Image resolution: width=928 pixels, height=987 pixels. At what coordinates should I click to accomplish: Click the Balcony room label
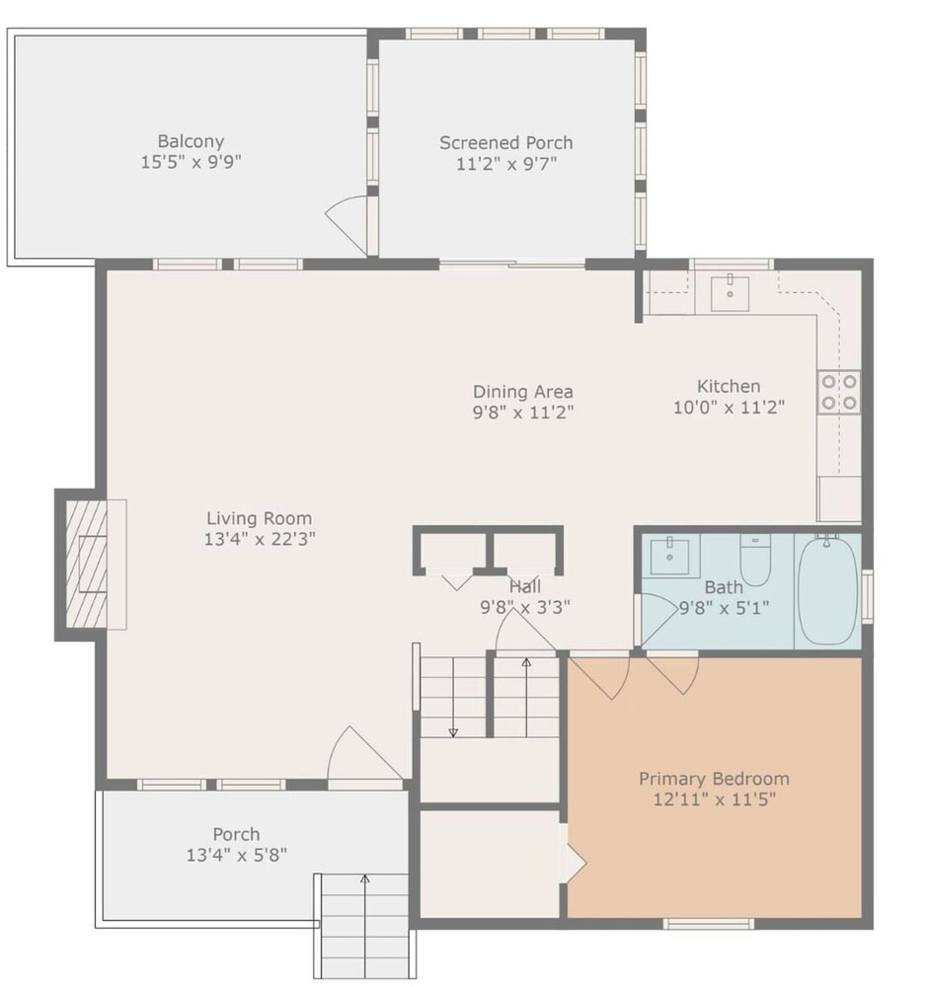coord(191,141)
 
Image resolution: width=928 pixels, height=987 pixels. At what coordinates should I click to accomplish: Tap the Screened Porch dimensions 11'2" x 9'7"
coord(506,164)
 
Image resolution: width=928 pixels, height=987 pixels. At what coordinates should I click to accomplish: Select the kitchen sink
coord(730,293)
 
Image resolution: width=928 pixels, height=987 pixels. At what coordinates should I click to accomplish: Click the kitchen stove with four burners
coord(839,392)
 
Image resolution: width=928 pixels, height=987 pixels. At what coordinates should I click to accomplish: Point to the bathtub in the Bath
coord(827,589)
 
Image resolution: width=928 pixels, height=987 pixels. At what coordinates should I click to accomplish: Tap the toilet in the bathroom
coord(755,560)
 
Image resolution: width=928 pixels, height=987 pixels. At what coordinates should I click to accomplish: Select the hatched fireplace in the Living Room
coord(86,565)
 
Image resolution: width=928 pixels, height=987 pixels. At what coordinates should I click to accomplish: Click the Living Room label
coord(260,518)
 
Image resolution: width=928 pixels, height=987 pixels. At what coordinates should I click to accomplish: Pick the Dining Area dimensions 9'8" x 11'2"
coord(523,413)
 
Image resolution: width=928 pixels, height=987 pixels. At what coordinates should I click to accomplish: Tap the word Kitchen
coord(729,386)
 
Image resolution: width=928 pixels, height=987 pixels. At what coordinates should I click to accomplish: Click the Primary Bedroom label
coord(714,779)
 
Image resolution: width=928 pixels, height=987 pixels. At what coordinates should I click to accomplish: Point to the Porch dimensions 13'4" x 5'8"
coord(237,855)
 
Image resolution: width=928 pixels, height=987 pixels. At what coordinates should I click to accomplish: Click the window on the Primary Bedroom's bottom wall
coord(708,924)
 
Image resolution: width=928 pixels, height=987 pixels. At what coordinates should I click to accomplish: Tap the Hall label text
coord(525,586)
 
